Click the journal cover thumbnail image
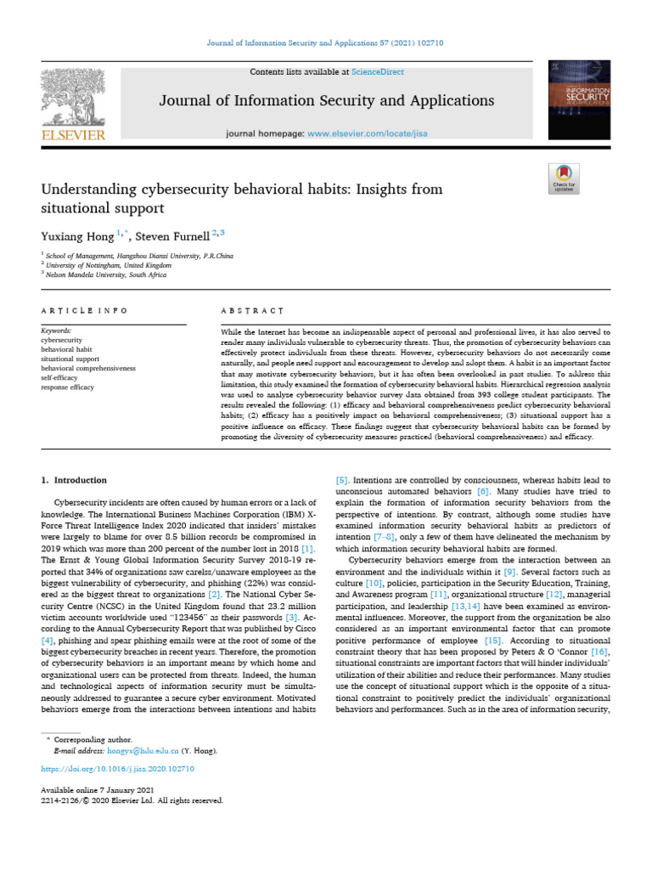[580, 102]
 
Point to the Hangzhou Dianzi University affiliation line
[138, 255]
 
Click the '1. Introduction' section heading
[74, 480]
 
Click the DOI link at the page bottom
[118, 768]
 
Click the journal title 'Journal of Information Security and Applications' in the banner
[327, 101]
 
